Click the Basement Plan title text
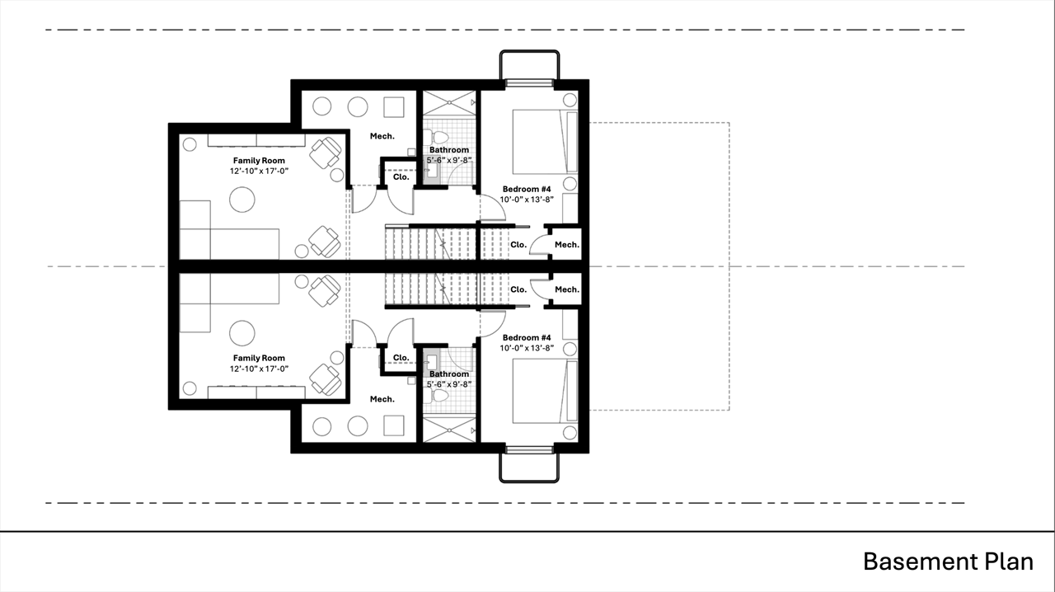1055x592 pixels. (x=948, y=561)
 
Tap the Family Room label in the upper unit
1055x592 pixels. (x=259, y=161)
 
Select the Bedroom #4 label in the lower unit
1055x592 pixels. (x=527, y=337)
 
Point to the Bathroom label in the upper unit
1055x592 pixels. (x=449, y=150)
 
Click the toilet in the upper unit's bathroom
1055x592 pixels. (x=438, y=138)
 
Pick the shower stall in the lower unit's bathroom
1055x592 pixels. (x=449, y=430)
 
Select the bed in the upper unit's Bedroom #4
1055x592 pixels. (x=545, y=142)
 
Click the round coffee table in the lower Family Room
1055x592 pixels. (x=242, y=333)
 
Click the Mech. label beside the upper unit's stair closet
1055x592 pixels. (x=566, y=245)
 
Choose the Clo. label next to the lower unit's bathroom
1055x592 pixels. (x=401, y=358)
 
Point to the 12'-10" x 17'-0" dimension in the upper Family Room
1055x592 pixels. (x=259, y=171)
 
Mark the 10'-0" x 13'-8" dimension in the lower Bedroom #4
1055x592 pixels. (x=527, y=348)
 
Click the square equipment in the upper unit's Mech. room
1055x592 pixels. (x=394, y=107)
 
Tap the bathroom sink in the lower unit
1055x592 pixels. (x=431, y=362)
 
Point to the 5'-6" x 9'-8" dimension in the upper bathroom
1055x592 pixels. (x=449, y=160)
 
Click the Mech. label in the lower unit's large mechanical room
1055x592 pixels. (x=382, y=399)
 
